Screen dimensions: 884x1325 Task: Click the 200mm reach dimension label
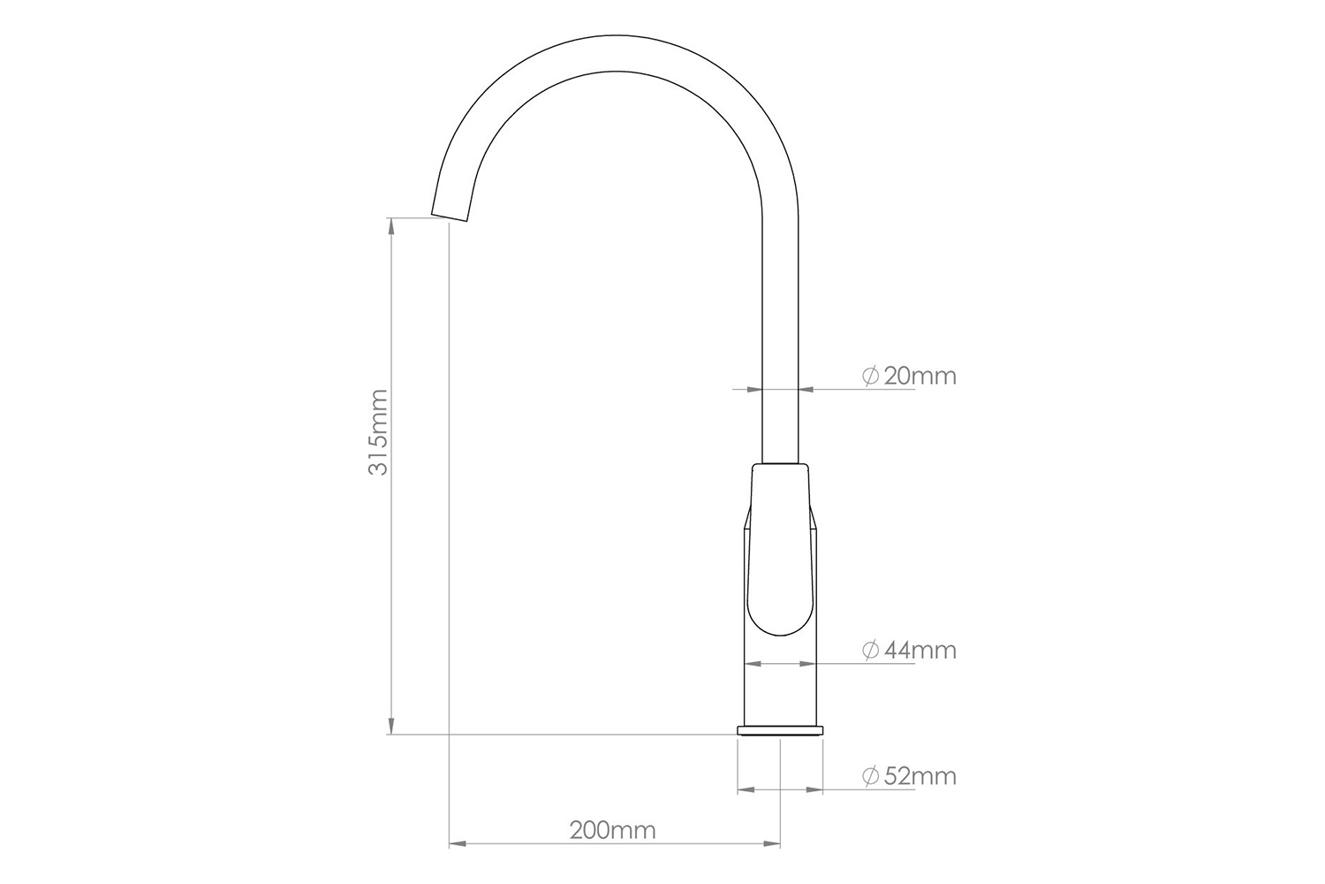pos(612,831)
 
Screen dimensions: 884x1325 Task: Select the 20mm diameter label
pos(919,377)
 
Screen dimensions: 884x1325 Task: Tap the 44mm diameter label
pos(919,651)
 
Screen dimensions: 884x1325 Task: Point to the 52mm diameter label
pos(919,777)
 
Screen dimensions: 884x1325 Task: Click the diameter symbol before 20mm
pos(869,377)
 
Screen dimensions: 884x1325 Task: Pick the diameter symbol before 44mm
pos(869,651)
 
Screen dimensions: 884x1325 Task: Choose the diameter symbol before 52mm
pos(869,777)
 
